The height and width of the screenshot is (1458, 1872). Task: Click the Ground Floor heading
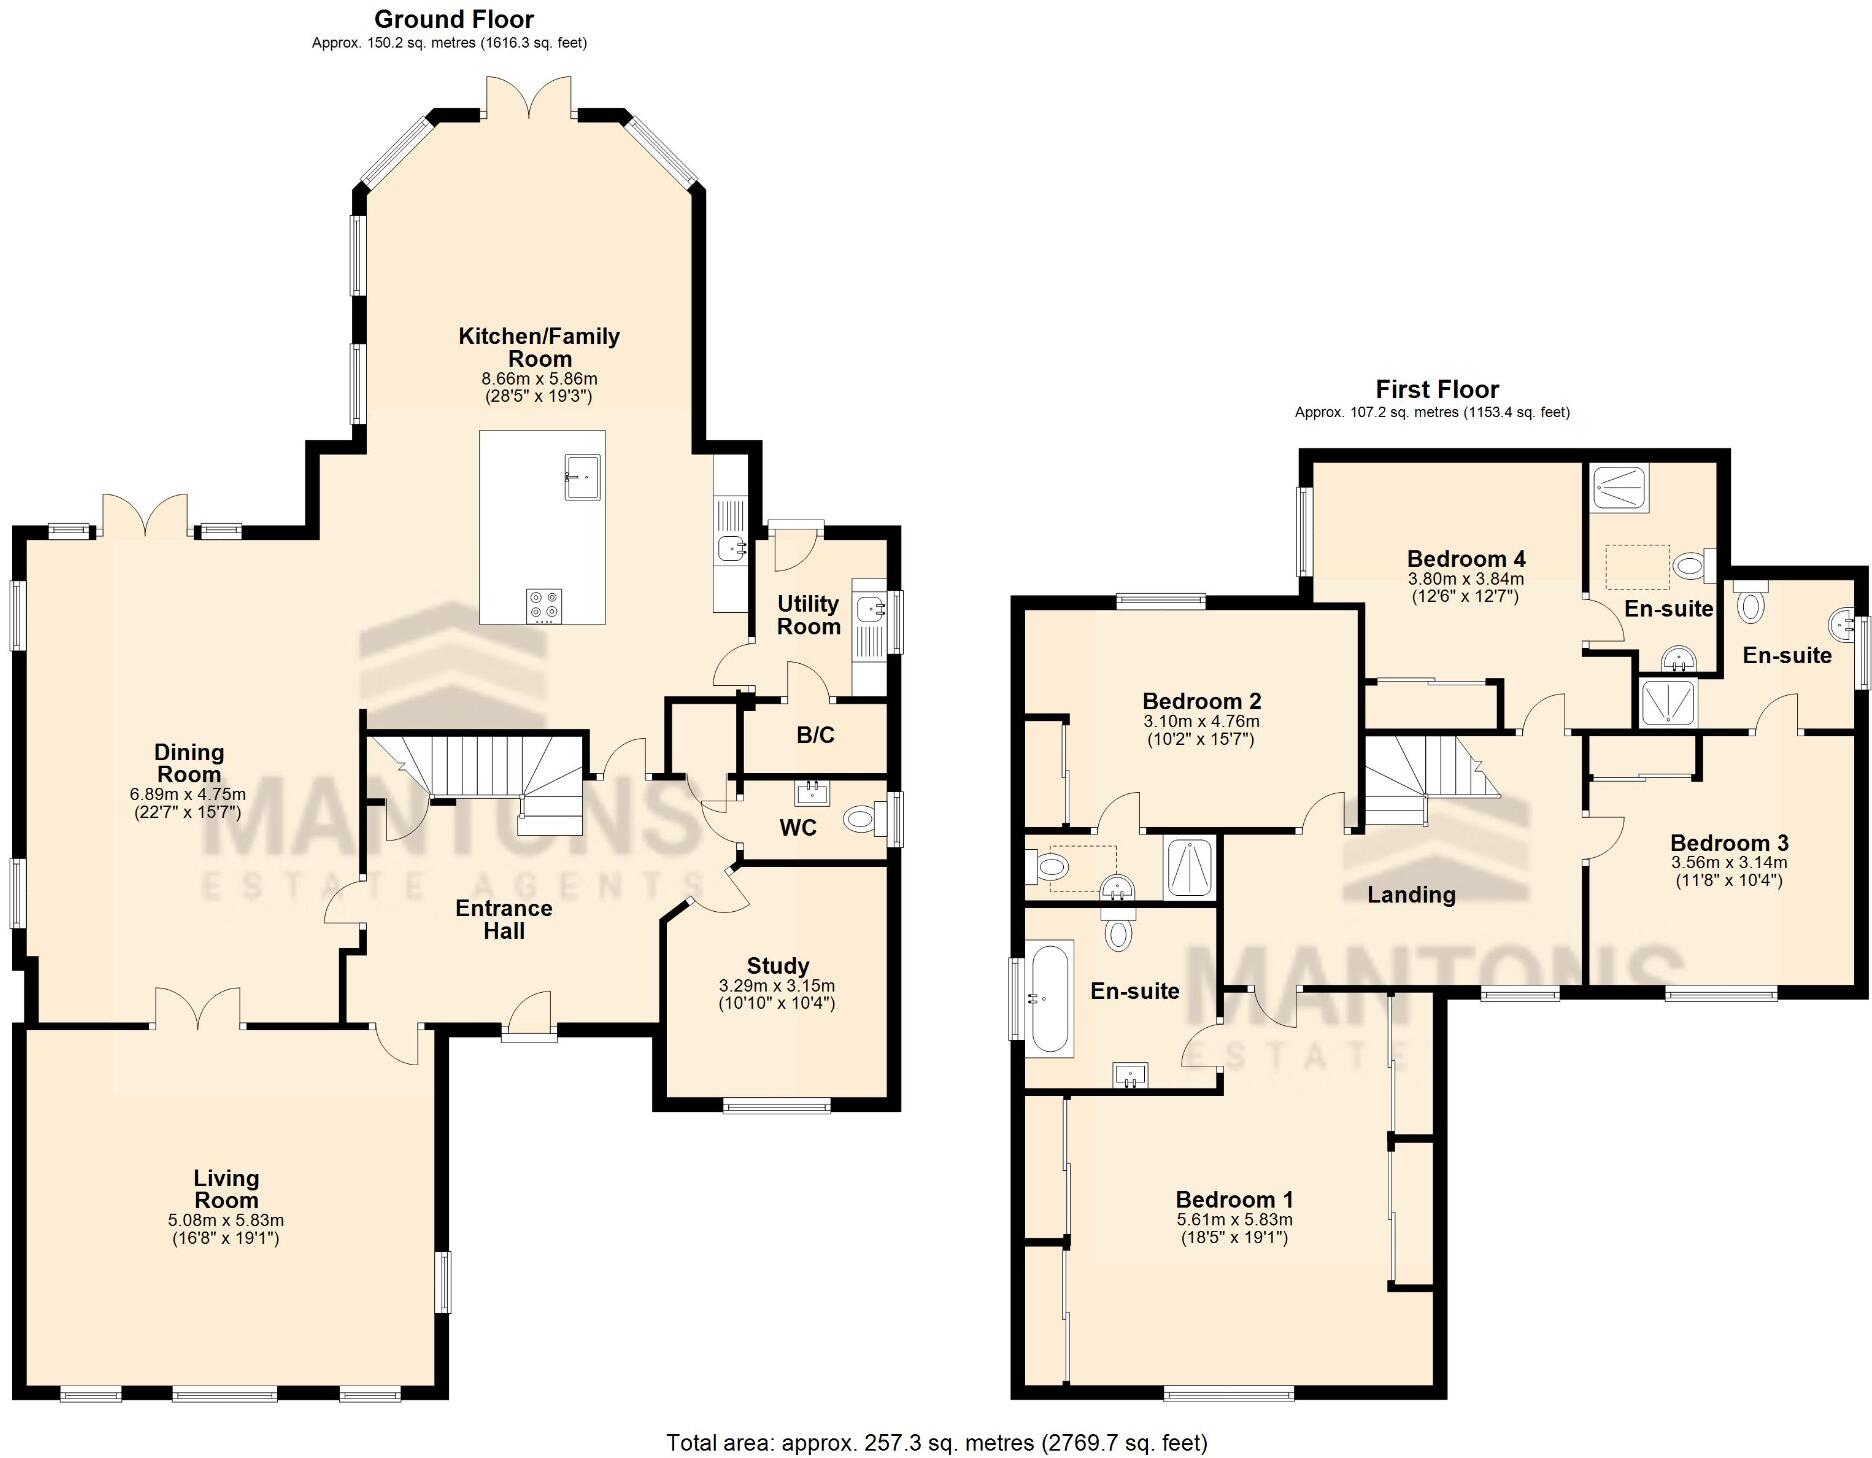[454, 19]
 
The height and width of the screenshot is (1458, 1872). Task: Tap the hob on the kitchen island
[544, 605]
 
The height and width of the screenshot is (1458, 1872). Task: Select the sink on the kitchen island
[581, 475]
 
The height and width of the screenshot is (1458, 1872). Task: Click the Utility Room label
[808, 615]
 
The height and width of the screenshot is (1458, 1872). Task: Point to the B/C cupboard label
[815, 736]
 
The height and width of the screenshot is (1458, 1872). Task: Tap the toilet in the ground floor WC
[860, 820]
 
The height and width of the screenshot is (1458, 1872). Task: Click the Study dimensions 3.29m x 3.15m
[777, 986]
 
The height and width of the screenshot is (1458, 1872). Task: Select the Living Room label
[226, 1189]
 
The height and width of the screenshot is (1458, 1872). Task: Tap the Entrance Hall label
[504, 919]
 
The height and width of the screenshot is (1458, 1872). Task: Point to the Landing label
[1411, 895]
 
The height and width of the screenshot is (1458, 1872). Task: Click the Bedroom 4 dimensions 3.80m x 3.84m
[1466, 579]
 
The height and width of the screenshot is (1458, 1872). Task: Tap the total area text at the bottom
[937, 1443]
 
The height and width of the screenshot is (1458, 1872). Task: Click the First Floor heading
[1437, 389]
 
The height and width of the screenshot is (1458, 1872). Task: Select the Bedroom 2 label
[1201, 701]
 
